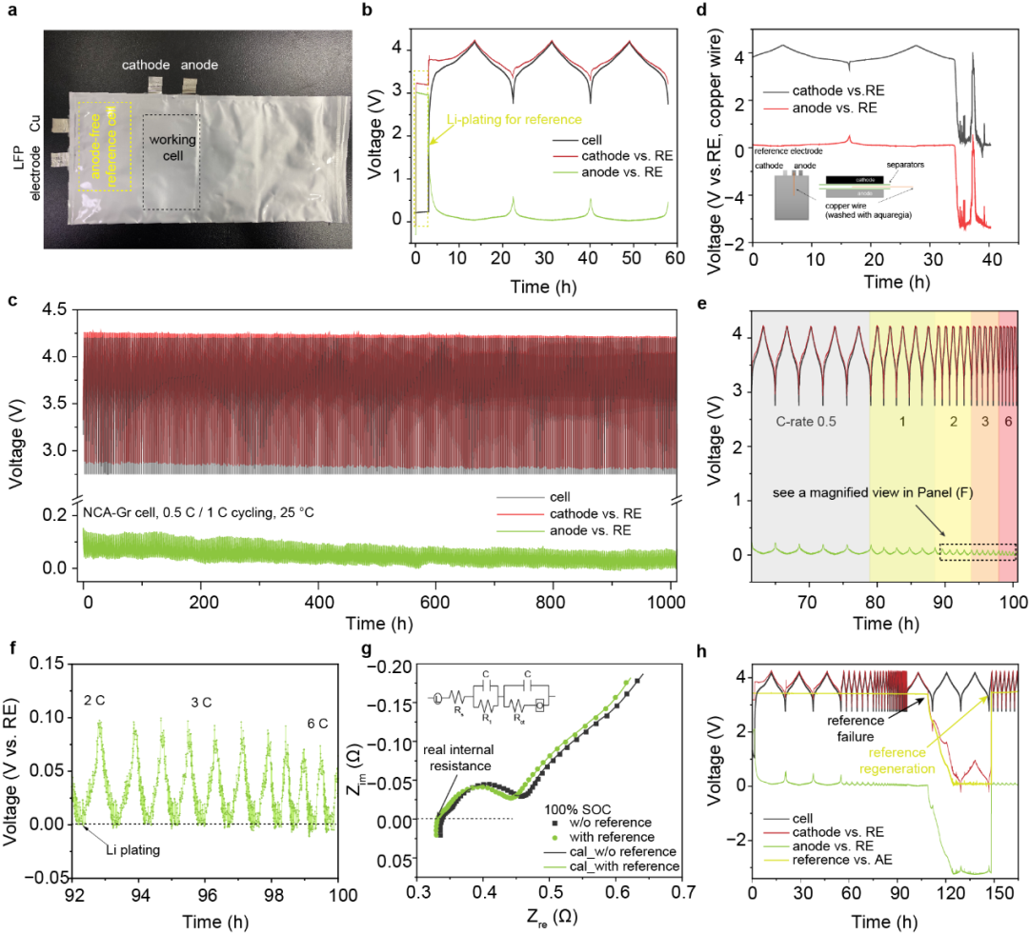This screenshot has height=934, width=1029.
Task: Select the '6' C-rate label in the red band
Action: (x=1007, y=416)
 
